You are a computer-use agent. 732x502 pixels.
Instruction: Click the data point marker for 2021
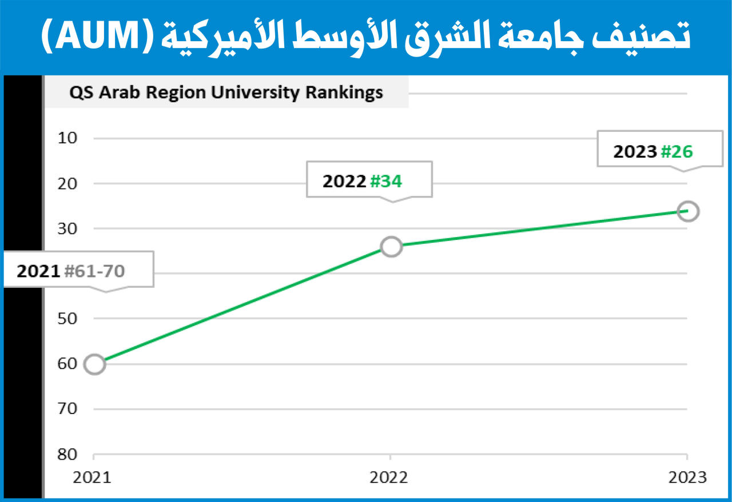(95, 364)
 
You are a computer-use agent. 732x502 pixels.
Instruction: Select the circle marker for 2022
(391, 246)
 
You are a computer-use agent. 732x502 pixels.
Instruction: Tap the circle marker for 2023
(688, 211)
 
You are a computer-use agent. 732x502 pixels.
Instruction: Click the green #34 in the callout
(386, 181)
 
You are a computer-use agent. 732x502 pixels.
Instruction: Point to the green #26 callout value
(677, 151)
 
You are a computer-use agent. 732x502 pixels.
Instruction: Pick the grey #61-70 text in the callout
(94, 271)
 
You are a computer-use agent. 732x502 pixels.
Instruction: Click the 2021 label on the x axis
(92, 477)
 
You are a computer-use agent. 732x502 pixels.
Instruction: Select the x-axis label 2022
(389, 477)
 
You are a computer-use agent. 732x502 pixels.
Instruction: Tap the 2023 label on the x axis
(687, 477)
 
